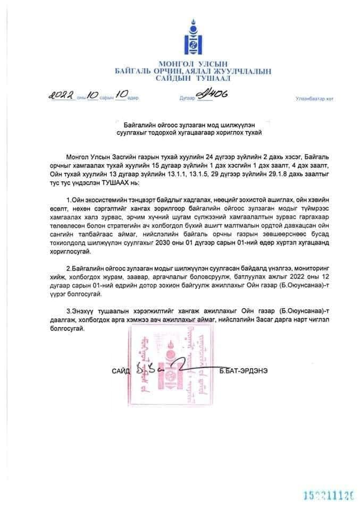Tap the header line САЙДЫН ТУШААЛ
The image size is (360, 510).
click(x=192, y=78)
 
